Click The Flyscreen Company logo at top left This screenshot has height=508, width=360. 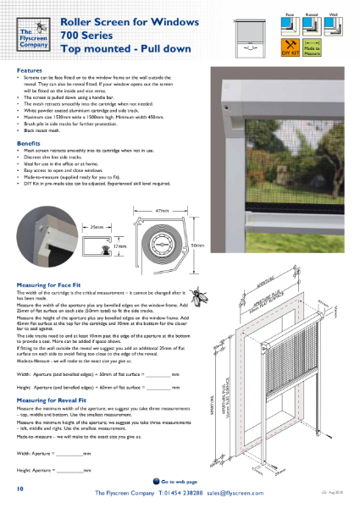point(31,39)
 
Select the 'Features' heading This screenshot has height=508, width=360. point(30,71)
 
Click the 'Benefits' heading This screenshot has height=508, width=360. point(30,145)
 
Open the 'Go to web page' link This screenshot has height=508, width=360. point(180,481)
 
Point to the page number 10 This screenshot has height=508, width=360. point(19,489)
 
